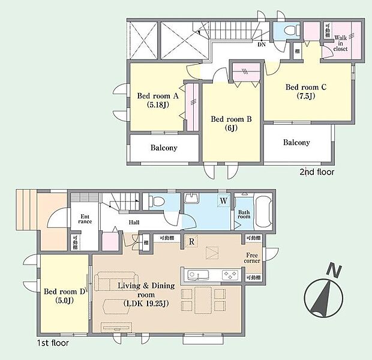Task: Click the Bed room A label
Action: pyautogui.click(x=159, y=100)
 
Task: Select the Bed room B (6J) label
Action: pyautogui.click(x=231, y=124)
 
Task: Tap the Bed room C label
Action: pyautogui.click(x=305, y=91)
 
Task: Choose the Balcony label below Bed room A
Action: pyautogui.click(x=164, y=148)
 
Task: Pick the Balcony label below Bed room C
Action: pyautogui.click(x=296, y=143)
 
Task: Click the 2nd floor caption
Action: pyautogui.click(x=316, y=172)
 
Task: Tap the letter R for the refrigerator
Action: pyautogui.click(x=191, y=242)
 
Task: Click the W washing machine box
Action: pyautogui.click(x=223, y=202)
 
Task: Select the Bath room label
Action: pyautogui.click(x=244, y=214)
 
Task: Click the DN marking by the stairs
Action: pyautogui.click(x=262, y=44)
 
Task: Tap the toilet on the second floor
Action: pyautogui.click(x=287, y=29)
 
